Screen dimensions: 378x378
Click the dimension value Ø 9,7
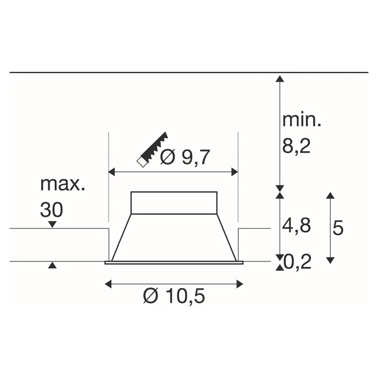point(185,157)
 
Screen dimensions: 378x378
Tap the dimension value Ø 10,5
point(174,296)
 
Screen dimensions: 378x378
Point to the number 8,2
point(296,146)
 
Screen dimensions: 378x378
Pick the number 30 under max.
point(51,210)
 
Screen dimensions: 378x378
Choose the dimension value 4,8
point(296,226)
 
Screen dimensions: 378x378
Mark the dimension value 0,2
point(297,262)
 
